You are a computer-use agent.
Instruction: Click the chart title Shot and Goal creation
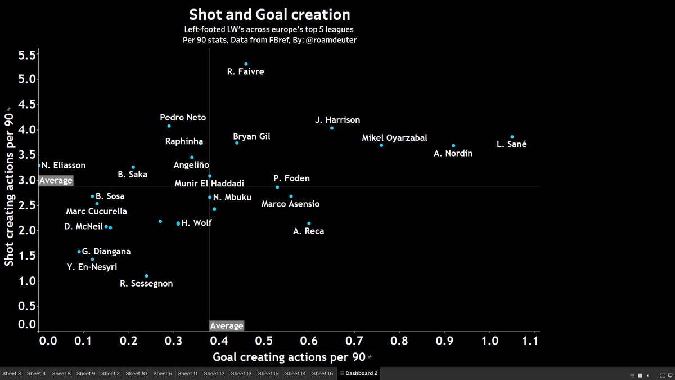(x=269, y=15)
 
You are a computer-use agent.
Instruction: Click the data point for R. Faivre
(x=246, y=64)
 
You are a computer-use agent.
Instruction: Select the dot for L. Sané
(x=512, y=137)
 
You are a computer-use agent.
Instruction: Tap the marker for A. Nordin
(x=453, y=146)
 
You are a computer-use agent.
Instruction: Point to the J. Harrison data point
(x=332, y=128)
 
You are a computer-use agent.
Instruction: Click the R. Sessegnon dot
(x=147, y=276)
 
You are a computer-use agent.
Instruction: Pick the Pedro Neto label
(x=183, y=118)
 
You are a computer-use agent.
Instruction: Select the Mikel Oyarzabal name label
(x=394, y=138)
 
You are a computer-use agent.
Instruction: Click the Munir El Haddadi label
(x=209, y=184)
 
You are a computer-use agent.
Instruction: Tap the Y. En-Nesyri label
(x=92, y=267)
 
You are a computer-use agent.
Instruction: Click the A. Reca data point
(x=309, y=223)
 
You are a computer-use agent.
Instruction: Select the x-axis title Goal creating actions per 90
(x=289, y=357)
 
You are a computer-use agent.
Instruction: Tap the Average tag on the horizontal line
(x=56, y=181)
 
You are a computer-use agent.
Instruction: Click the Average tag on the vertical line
(x=226, y=326)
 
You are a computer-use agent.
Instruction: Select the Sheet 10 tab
(x=136, y=373)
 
